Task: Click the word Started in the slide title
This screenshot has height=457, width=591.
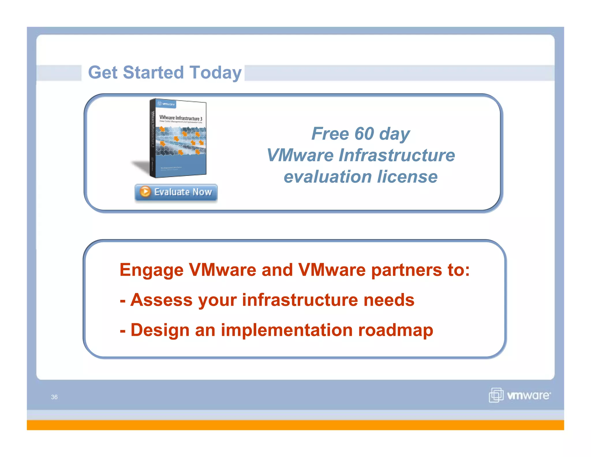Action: click(x=153, y=72)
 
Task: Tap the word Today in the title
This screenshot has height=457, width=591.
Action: click(x=215, y=73)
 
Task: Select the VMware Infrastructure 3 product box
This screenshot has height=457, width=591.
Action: click(x=178, y=139)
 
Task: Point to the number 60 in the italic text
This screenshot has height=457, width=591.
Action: click(x=364, y=134)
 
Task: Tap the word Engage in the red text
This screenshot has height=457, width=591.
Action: click(x=152, y=270)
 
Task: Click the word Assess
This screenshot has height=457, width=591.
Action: click(x=161, y=300)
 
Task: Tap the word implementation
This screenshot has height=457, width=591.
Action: click(x=287, y=330)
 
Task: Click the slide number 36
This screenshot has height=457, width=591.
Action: click(x=54, y=397)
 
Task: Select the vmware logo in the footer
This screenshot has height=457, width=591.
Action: click(x=520, y=395)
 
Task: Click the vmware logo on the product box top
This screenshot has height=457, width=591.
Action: click(x=166, y=104)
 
